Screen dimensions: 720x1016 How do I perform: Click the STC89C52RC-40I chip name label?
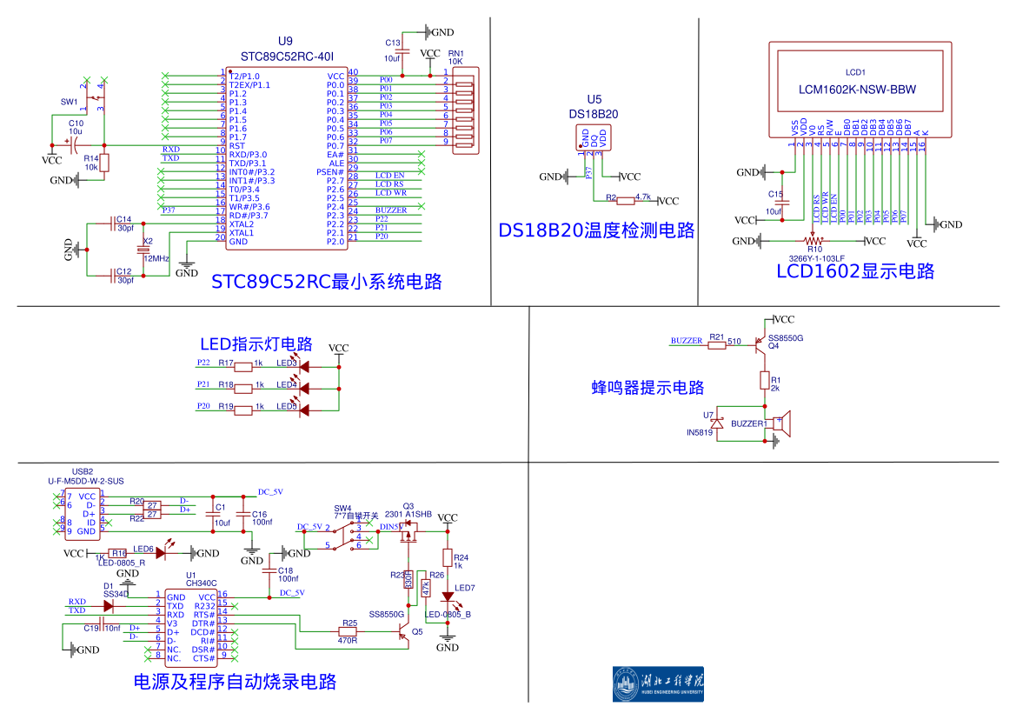[285, 57]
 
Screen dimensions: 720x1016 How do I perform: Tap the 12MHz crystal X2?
[145, 251]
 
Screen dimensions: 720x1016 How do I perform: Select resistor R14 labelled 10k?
[104, 163]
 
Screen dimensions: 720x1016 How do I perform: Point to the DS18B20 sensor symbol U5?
[594, 138]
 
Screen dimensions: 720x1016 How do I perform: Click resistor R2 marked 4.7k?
[626, 201]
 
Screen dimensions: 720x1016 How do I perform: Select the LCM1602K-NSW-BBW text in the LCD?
[856, 90]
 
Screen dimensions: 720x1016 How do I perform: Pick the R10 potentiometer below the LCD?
[814, 241]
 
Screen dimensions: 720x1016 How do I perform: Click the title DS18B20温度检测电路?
[596, 230]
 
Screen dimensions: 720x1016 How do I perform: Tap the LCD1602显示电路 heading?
[855, 271]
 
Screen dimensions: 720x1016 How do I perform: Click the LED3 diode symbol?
[303, 365]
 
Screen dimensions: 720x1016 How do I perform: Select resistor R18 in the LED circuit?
[243, 387]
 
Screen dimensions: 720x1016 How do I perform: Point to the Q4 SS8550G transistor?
[761, 345]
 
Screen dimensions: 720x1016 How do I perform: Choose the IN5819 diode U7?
[719, 423]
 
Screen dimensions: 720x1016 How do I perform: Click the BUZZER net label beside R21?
[687, 341]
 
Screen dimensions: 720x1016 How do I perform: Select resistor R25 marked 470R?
[349, 631]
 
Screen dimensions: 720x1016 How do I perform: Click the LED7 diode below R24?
[448, 597]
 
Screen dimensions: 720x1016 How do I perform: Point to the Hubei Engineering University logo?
[658, 683]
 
